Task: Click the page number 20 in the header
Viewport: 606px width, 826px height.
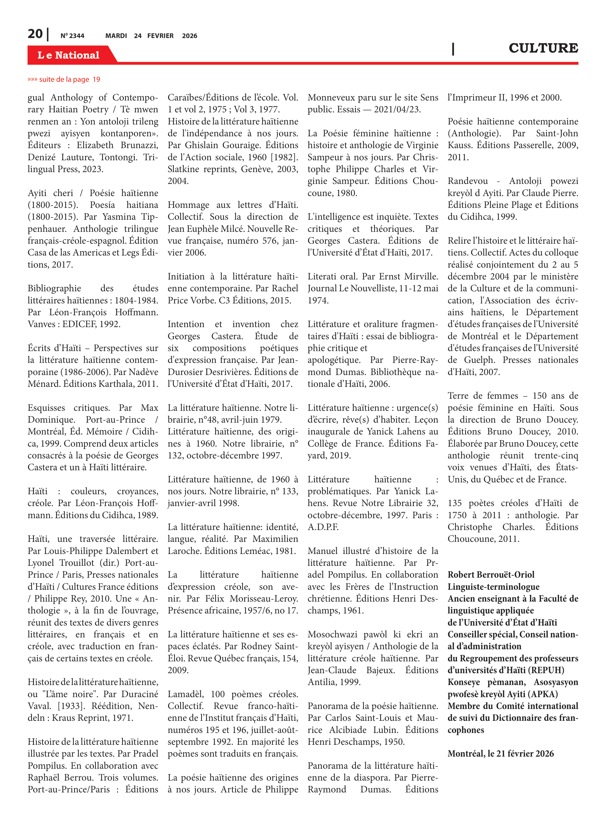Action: coord(35,34)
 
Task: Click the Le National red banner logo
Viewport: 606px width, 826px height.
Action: coord(69,55)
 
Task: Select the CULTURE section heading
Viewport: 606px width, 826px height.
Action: coord(543,48)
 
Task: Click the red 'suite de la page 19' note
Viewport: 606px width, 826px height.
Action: coord(64,79)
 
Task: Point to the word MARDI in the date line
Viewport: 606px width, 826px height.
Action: coord(116,36)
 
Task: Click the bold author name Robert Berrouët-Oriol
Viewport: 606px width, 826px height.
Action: coord(491,575)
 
